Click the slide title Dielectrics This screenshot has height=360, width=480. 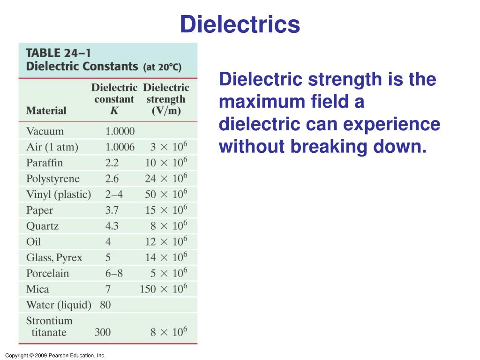click(240, 24)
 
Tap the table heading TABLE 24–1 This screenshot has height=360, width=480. click(59, 52)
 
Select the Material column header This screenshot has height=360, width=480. click(46, 111)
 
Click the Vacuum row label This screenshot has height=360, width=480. click(45, 131)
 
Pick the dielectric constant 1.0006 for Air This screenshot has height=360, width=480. click(120, 147)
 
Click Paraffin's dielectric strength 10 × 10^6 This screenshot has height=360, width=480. click(166, 162)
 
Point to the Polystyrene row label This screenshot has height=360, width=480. click(53, 179)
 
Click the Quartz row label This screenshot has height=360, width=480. click(43, 226)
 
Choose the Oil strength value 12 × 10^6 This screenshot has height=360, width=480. click(166, 241)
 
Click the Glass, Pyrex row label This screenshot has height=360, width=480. click(54, 258)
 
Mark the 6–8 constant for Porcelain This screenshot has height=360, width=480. click(113, 273)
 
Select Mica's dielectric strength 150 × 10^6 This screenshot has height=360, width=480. click(163, 289)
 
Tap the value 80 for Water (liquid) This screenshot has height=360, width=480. click(105, 305)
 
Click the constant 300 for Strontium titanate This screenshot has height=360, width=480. click(103, 332)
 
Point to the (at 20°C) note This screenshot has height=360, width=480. click(162, 67)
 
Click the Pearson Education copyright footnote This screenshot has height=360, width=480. click(55, 356)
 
